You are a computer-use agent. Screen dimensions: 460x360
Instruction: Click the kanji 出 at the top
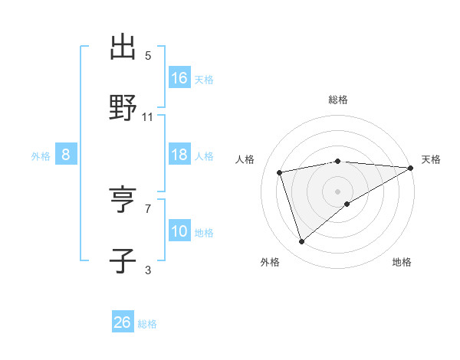(x=123, y=47)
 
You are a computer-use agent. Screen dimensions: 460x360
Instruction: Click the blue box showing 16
(x=179, y=77)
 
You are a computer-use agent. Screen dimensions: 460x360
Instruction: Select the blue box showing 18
(x=179, y=155)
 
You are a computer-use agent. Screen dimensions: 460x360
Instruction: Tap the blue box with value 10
(x=179, y=231)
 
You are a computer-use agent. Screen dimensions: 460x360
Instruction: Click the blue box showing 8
(x=66, y=155)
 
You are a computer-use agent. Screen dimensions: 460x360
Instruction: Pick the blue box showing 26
(x=123, y=322)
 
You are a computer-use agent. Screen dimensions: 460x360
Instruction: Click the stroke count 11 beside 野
(x=148, y=117)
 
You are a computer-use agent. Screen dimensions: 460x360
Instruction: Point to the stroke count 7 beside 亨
(x=148, y=208)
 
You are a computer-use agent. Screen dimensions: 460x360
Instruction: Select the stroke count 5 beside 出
(x=148, y=56)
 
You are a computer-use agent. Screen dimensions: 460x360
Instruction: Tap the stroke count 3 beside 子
(x=148, y=269)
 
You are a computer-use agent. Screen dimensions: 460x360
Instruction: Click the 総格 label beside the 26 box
(x=147, y=324)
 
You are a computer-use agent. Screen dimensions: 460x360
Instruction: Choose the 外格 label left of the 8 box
(x=41, y=156)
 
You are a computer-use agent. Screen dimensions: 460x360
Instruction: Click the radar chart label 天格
(x=431, y=159)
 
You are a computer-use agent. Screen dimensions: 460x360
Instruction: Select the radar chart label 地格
(x=402, y=262)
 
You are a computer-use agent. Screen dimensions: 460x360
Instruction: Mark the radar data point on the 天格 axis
(x=411, y=168)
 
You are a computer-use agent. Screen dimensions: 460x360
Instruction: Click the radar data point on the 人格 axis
(x=280, y=172)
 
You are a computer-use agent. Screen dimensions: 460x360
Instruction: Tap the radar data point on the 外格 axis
(x=301, y=241)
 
